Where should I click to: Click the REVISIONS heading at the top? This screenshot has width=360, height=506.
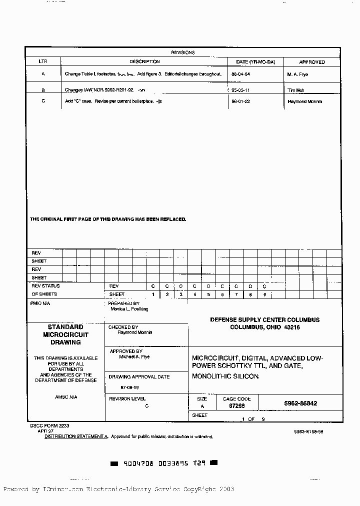click(182, 52)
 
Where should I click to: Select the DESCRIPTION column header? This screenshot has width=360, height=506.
click(144, 62)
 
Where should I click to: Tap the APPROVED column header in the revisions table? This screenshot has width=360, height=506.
click(312, 62)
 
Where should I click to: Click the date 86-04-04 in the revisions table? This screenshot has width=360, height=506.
click(240, 74)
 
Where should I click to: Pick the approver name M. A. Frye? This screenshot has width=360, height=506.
click(298, 74)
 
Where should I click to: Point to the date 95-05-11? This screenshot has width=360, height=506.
click(240, 90)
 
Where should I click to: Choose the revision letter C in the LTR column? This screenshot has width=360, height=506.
click(43, 101)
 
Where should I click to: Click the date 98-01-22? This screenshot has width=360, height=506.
click(240, 101)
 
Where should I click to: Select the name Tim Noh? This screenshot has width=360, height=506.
click(296, 90)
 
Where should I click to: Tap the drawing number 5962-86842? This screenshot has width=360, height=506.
click(300, 403)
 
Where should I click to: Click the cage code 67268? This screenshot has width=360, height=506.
click(236, 406)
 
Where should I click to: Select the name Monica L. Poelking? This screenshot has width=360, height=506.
click(129, 309)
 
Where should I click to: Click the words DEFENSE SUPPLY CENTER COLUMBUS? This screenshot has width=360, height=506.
click(264, 319)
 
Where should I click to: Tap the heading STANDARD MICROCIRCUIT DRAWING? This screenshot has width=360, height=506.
click(65, 334)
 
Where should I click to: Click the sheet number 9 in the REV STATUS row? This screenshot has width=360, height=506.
click(264, 294)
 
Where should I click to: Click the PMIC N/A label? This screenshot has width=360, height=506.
click(40, 303)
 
